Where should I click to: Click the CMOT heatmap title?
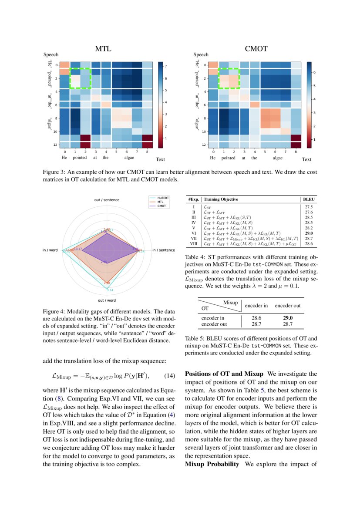click(256, 49)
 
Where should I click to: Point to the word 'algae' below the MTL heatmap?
click(129, 158)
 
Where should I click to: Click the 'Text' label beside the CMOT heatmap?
click(306, 160)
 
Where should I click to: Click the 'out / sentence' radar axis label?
click(107, 199)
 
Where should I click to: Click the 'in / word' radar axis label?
click(50, 250)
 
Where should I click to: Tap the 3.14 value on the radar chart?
click(110, 290)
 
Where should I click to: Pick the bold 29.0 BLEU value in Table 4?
click(309, 233)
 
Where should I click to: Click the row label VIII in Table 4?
click(193, 244)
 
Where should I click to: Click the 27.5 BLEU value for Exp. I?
click(309, 207)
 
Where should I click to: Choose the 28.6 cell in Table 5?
click(256, 318)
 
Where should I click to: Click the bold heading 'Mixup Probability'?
click(212, 464)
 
